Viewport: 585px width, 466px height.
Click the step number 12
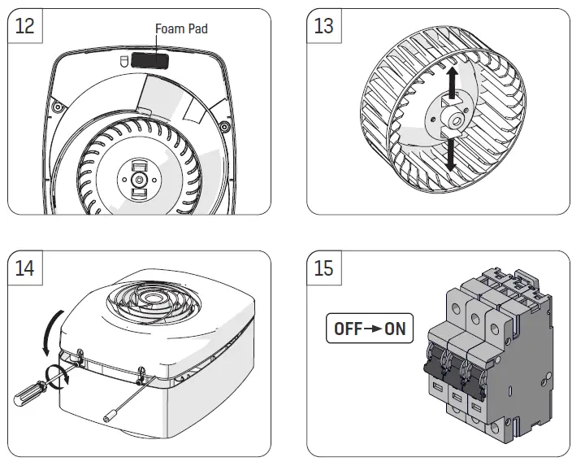point(25,27)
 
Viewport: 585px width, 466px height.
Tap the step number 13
point(323,27)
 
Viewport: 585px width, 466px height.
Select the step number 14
point(25,268)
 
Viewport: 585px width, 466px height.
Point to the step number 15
point(323,268)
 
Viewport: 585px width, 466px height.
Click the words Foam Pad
point(181,28)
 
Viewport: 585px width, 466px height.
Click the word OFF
point(347,330)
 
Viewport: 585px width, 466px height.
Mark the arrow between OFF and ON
point(371,330)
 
